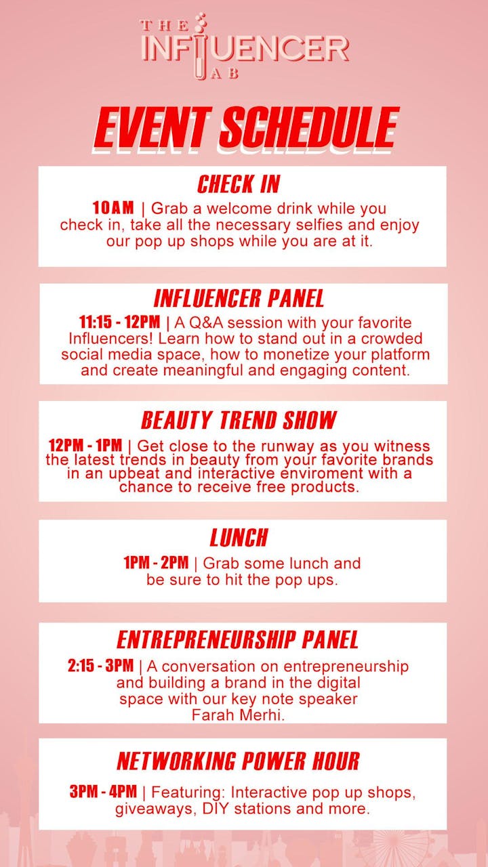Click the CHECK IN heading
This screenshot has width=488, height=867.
click(x=238, y=184)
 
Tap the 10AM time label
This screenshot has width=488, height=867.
click(x=113, y=208)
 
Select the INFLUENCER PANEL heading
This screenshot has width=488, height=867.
click(x=239, y=299)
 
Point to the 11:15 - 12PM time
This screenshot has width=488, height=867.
click(x=120, y=322)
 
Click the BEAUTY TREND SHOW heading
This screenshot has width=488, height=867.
click(x=239, y=420)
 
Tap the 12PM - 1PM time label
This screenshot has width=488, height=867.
click(x=85, y=445)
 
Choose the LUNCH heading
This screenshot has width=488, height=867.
click(x=239, y=538)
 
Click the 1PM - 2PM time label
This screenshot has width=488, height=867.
click(x=156, y=562)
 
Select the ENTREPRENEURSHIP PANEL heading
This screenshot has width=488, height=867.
click(x=237, y=640)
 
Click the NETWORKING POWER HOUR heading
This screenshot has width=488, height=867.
click(x=238, y=761)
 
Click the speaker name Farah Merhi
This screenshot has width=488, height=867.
click(x=238, y=715)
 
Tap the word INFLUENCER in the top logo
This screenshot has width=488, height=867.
click(x=245, y=49)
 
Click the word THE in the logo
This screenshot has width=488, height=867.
click(x=165, y=26)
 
